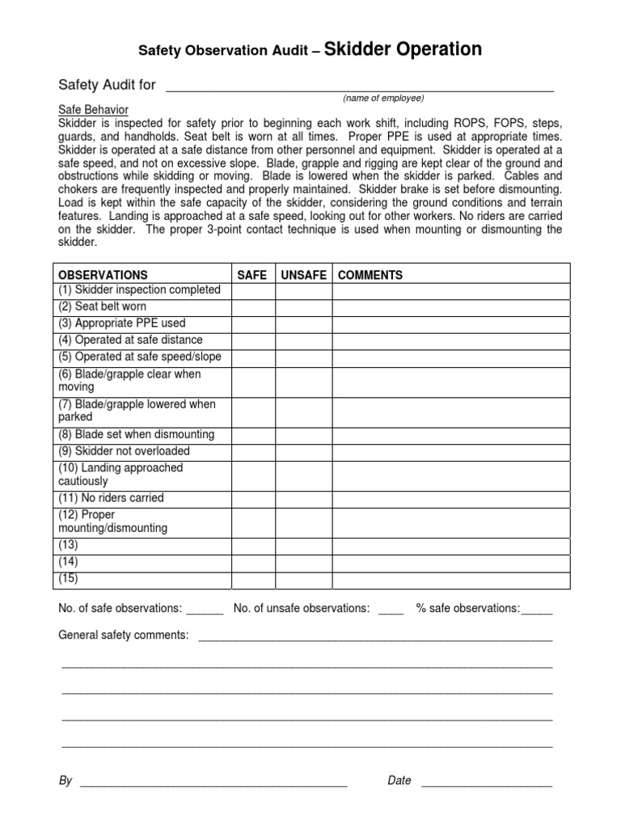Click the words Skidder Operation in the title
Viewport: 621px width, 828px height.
403,49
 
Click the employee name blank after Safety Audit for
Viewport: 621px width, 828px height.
359,86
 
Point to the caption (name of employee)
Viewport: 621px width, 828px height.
382,98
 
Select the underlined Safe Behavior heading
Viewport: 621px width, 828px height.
93,110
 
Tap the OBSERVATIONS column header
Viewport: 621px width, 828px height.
103,275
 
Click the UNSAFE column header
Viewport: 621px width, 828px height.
303,275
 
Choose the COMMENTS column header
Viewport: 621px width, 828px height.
370,275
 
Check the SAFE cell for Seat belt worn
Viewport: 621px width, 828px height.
253,307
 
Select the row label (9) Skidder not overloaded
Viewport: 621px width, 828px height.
124,451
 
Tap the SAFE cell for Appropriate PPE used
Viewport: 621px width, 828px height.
253,323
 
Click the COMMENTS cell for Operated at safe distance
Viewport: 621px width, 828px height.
450,340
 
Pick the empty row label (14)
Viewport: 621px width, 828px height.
69,562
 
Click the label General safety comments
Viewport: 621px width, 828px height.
123,636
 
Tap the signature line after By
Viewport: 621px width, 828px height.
213,782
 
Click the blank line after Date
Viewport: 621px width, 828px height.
487,782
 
